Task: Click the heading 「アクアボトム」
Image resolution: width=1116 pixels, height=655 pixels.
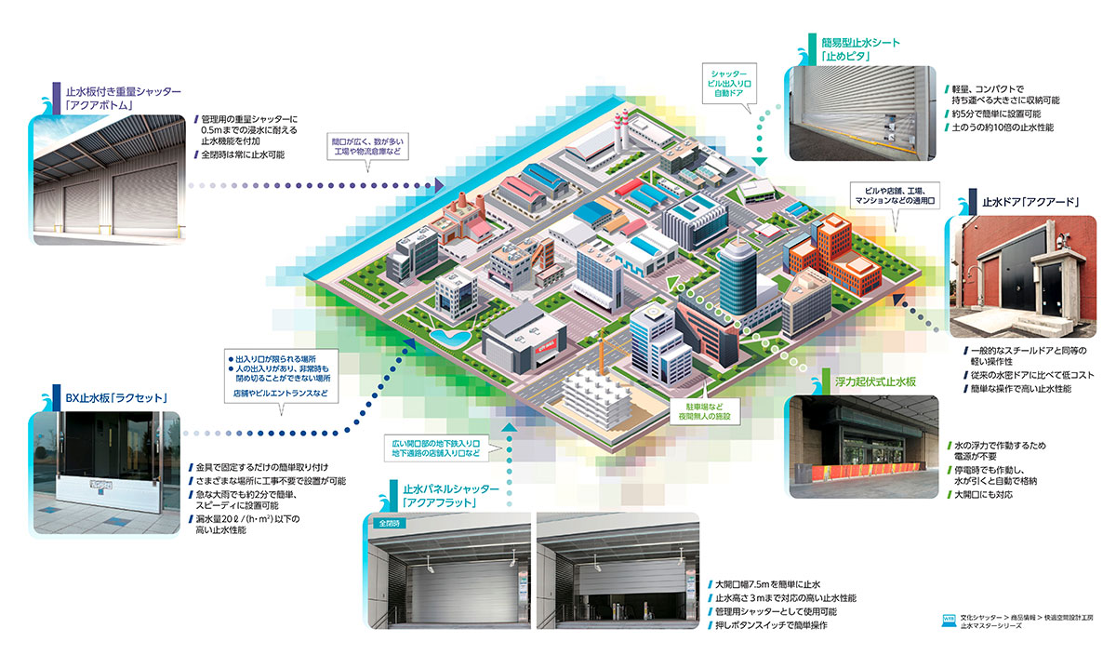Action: click(x=100, y=106)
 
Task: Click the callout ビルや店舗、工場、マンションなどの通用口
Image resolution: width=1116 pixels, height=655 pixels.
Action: click(x=897, y=194)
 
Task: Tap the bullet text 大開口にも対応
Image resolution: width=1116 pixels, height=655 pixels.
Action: click(x=984, y=494)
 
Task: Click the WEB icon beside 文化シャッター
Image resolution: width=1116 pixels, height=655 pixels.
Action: click(x=949, y=618)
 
